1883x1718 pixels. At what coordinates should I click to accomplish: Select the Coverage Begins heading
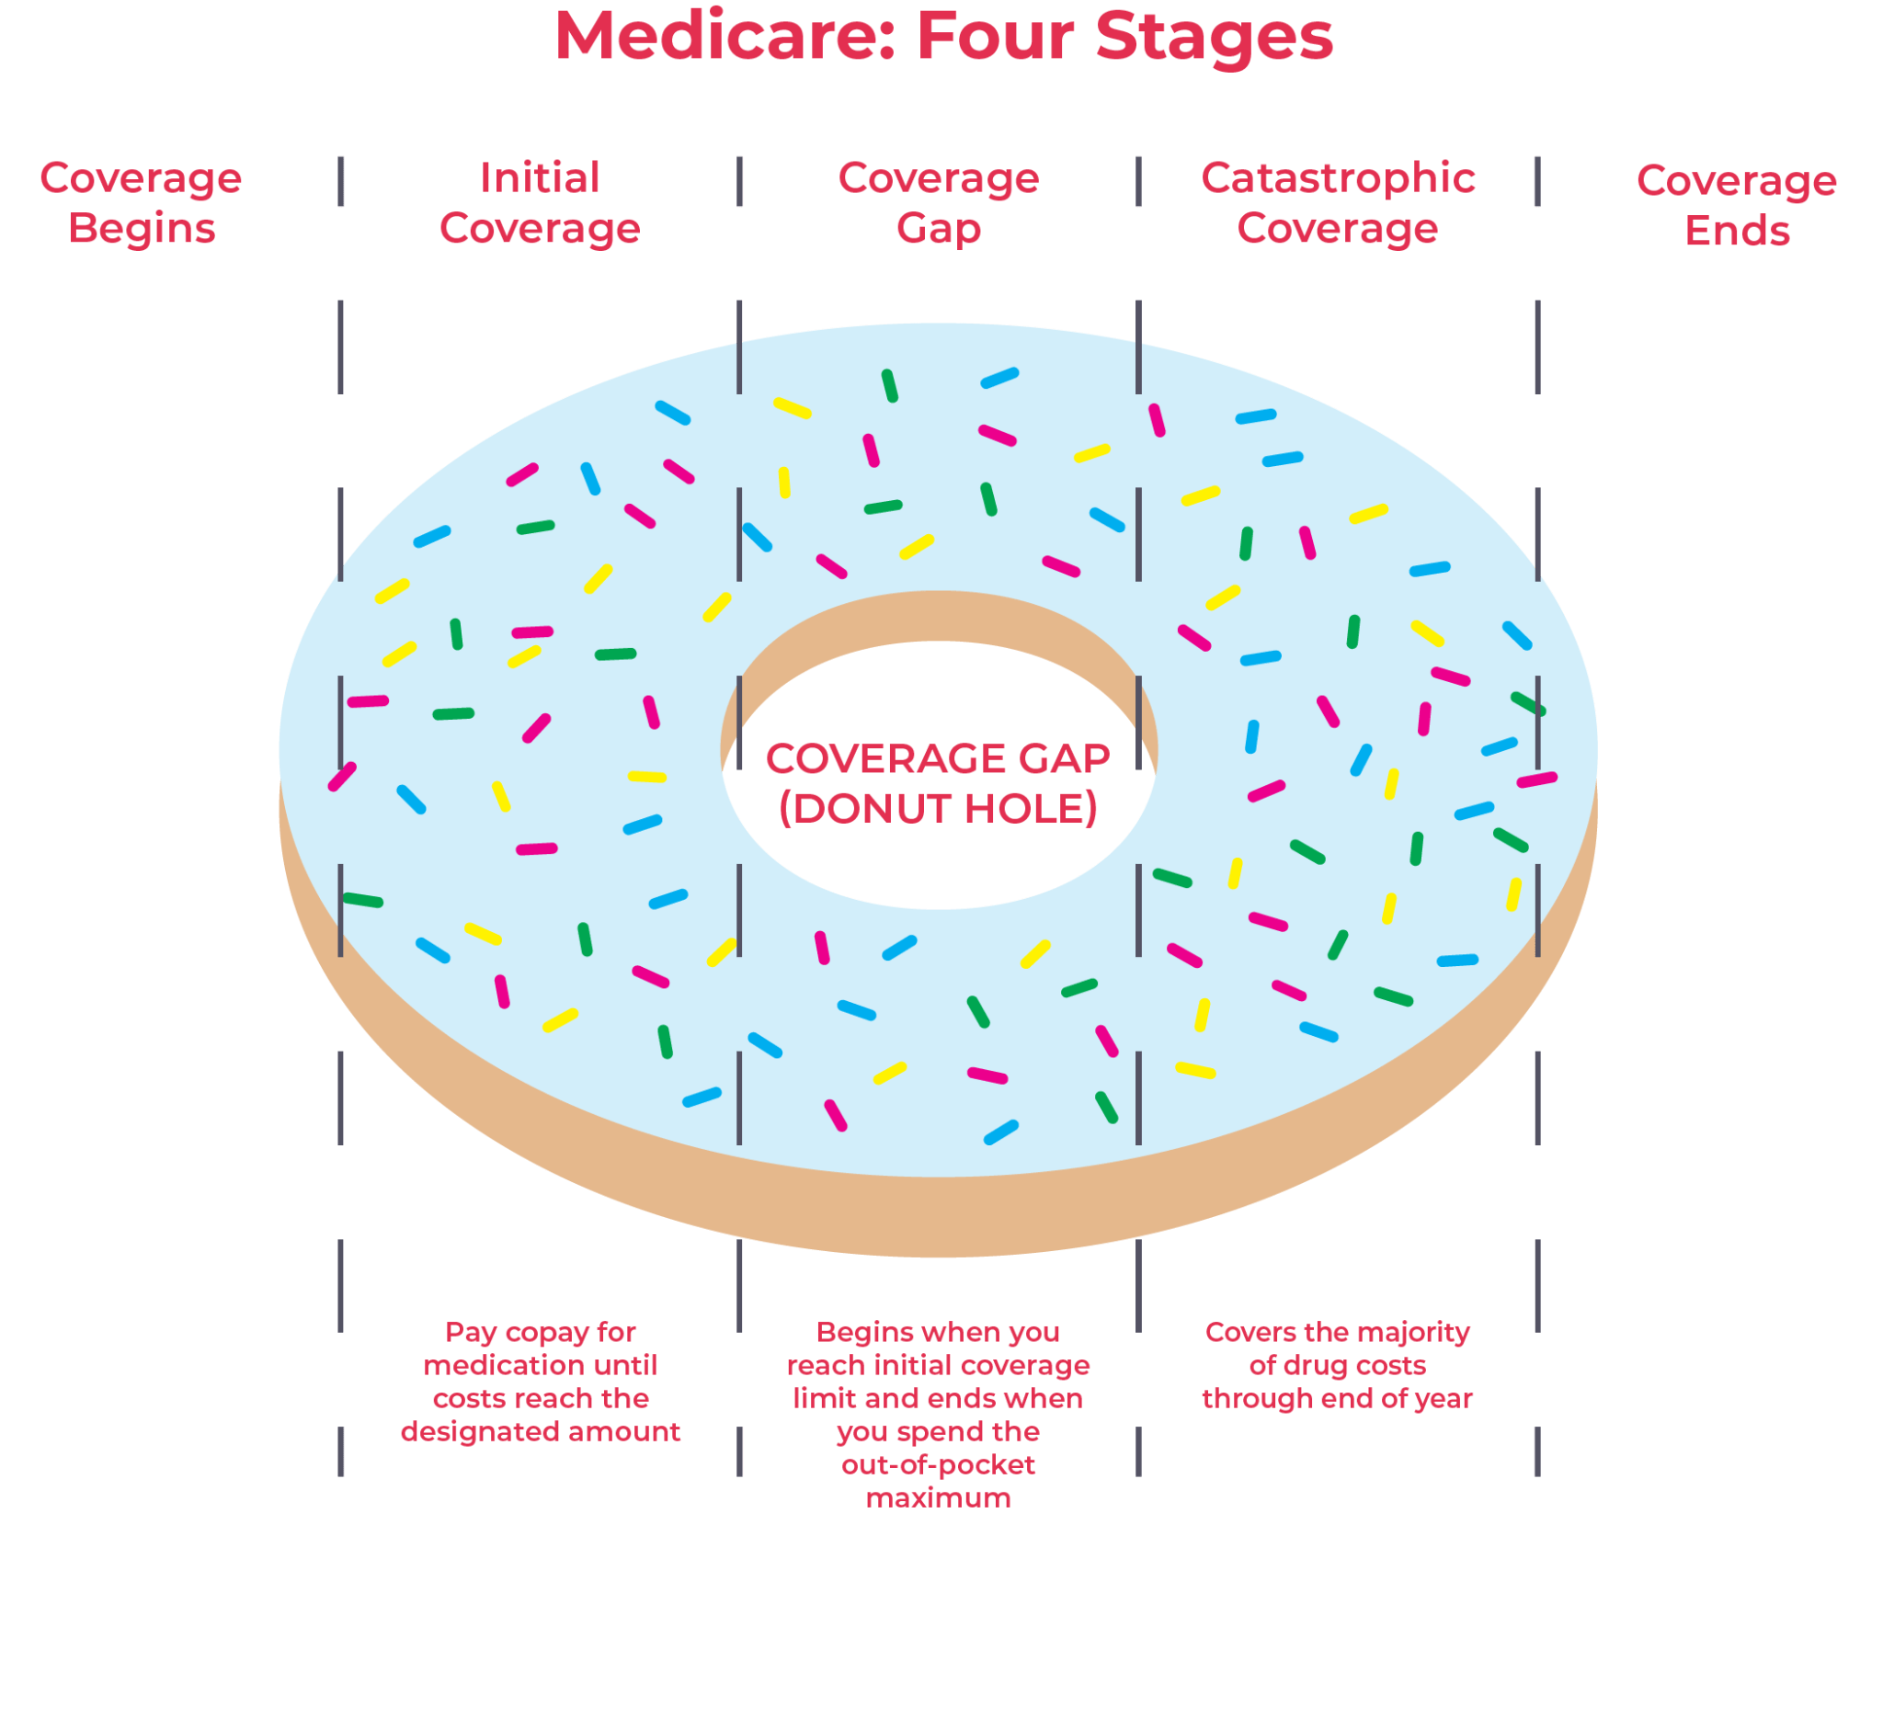tap(141, 202)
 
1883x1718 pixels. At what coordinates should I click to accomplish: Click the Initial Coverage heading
tap(540, 202)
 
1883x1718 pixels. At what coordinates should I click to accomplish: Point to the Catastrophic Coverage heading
tap(1338, 202)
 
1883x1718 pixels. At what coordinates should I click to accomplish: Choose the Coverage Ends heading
tap(1737, 205)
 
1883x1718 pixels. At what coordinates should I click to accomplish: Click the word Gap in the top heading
tap(939, 229)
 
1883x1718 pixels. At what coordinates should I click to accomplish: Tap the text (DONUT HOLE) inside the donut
tap(939, 809)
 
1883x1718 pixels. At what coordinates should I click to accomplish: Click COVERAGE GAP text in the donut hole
tap(938, 758)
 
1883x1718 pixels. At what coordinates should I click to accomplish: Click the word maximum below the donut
tap(939, 1498)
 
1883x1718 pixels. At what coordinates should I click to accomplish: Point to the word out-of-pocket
tap(939, 1465)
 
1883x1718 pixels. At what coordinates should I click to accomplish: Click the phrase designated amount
tap(540, 1432)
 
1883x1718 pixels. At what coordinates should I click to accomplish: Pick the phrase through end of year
tap(1338, 1399)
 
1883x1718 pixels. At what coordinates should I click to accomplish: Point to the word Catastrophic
tap(1338, 177)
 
